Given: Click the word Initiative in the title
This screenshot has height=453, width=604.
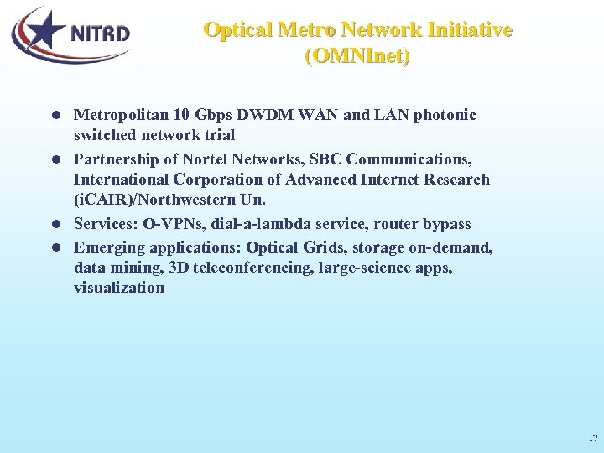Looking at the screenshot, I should (x=470, y=30).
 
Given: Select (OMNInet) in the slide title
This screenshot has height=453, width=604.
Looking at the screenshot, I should (x=357, y=57).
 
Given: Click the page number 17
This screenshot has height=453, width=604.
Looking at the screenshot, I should (x=593, y=438).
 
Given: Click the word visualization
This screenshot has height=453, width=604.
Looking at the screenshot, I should (x=119, y=288).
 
